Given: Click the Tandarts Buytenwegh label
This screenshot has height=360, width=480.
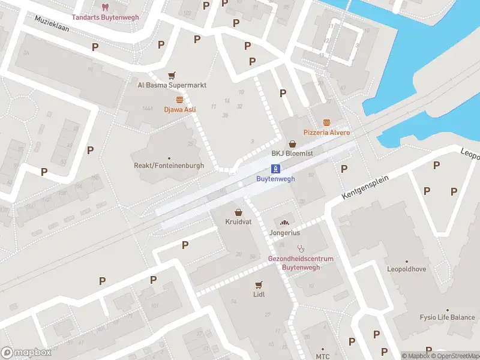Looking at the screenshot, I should [x=105, y=17].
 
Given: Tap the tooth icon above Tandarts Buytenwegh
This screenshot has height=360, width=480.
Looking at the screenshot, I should [x=105, y=7].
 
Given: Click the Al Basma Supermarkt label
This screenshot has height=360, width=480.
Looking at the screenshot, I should [x=172, y=85].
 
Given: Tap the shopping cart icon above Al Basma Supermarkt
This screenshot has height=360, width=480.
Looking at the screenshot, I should [x=172, y=76].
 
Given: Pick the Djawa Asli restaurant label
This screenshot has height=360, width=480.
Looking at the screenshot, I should [x=180, y=110].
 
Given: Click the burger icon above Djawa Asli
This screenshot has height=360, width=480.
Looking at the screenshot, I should [x=179, y=100].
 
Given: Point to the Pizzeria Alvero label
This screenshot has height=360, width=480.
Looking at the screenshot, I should [x=326, y=132].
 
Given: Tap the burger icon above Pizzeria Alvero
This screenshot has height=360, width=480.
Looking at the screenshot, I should [x=326, y=122].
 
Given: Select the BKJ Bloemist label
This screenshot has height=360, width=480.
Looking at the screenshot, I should [x=292, y=154].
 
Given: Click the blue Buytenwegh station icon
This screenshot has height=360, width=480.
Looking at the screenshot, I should [x=275, y=168].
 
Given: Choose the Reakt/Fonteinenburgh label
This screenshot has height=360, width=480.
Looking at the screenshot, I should [x=169, y=166].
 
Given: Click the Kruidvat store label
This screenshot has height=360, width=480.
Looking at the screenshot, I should [x=239, y=222].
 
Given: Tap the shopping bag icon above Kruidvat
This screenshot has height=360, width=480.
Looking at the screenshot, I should [x=239, y=212].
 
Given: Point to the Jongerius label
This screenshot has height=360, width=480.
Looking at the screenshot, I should [x=285, y=233].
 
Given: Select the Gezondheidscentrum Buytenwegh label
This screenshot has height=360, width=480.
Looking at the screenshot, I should [x=301, y=263].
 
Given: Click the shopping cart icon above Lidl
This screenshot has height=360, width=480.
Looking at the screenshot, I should [x=259, y=284].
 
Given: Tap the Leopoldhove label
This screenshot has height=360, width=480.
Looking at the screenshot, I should [x=406, y=269].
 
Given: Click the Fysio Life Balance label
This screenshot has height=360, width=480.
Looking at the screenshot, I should [x=447, y=317].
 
